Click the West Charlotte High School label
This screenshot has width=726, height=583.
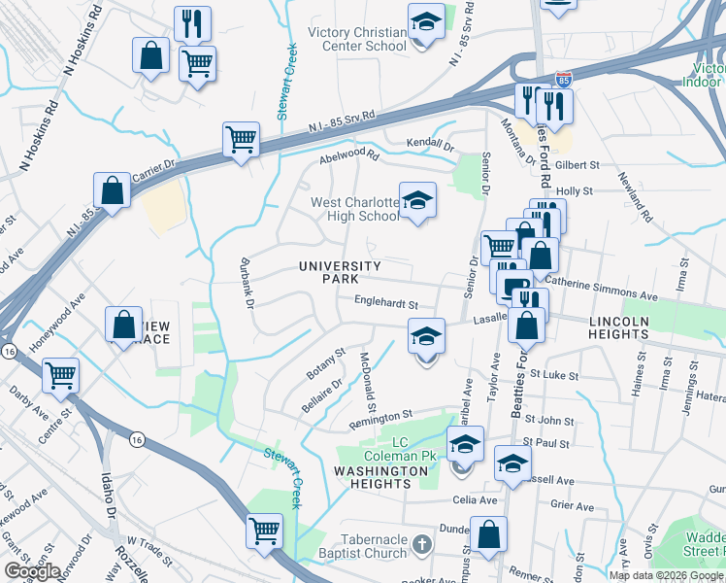coord(354,209)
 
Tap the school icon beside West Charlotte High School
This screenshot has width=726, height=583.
coord(418,201)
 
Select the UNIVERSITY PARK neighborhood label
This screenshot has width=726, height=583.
coord(340,272)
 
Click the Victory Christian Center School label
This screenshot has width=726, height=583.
coord(356,39)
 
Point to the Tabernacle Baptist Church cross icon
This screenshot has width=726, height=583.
coord(421,542)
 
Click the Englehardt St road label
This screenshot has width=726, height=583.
coord(385,304)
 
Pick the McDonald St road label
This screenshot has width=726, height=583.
coord(368,374)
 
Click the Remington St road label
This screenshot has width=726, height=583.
coord(380,417)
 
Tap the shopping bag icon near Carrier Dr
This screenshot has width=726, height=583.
coord(113,190)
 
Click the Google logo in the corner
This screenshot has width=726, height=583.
coord(33,571)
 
